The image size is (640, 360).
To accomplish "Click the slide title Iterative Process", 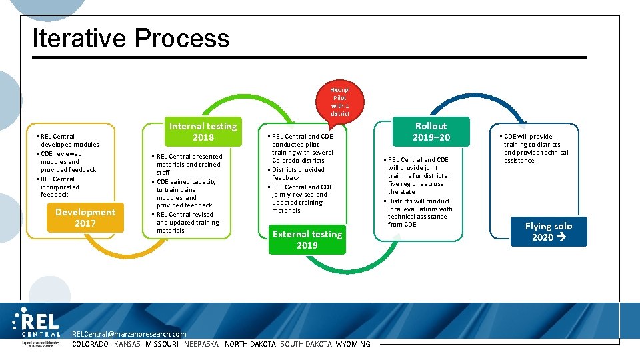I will (x=131, y=38).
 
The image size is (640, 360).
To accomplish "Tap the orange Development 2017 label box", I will (x=85, y=218).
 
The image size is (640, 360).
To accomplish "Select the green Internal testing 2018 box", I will (x=203, y=131).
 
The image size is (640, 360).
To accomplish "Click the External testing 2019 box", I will (x=307, y=239).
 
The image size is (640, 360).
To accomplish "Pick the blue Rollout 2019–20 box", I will (x=431, y=131).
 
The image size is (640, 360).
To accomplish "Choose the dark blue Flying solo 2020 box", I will (x=548, y=231).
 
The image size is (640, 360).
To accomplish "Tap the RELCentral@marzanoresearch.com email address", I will (x=129, y=334).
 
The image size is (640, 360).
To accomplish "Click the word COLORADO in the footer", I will (x=90, y=344).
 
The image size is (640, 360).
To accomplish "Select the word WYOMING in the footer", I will (x=353, y=344).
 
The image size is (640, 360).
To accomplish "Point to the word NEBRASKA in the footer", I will (x=201, y=344).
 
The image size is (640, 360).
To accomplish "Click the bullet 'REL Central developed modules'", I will (x=68, y=140).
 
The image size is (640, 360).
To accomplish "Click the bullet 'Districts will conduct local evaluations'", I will (x=420, y=213).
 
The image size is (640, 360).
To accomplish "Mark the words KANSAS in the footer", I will (x=127, y=344).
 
